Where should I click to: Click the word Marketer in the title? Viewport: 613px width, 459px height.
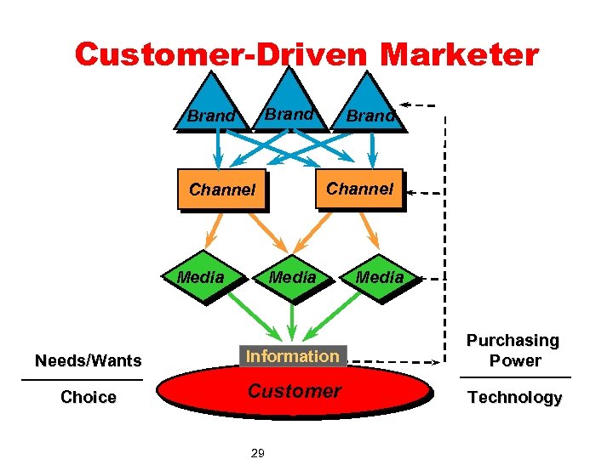point(459,55)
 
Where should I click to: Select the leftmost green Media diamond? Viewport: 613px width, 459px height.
point(201,277)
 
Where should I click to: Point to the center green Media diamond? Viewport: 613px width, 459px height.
point(292,277)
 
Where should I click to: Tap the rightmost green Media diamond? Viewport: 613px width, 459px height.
point(379,277)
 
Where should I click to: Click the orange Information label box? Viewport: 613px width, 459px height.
point(292,356)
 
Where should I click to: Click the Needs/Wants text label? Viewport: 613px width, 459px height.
point(88,361)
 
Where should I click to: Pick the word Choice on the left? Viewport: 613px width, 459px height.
point(88,397)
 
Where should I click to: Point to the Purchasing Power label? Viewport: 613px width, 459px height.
point(514,350)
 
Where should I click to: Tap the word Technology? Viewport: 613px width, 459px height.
point(514,397)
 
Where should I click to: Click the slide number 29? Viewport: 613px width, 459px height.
point(257,453)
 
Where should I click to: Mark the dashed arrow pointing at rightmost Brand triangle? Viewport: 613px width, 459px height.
point(421,106)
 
